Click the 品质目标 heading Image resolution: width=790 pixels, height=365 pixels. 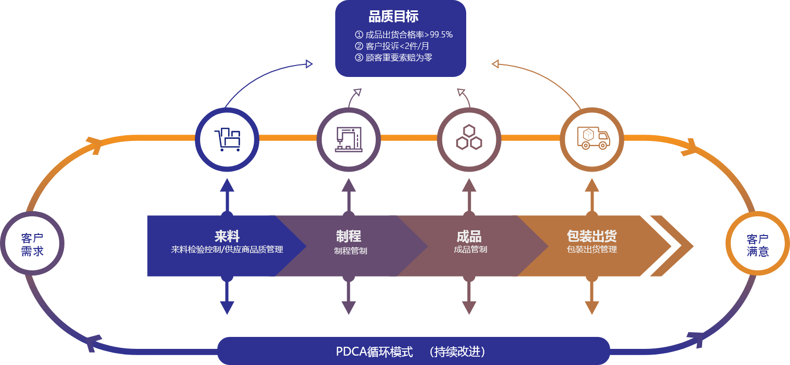[393, 17]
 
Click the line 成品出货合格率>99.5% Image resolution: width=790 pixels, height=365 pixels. [403, 35]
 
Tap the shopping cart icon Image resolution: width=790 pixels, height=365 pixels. [227, 139]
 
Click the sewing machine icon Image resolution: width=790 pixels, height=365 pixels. [348, 139]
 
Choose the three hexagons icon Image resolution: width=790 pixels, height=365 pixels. [469, 138]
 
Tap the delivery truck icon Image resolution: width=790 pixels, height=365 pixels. [592, 138]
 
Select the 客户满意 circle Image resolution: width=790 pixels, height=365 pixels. [757, 245]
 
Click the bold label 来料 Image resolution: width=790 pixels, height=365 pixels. [227, 236]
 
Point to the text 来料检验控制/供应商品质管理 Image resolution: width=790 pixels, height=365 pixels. [227, 250]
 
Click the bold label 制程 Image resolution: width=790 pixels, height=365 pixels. [348, 236]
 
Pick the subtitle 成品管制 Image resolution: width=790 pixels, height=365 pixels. [470, 250]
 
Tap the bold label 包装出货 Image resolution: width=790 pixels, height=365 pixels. [591, 236]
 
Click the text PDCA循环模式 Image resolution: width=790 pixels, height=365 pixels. [374, 351]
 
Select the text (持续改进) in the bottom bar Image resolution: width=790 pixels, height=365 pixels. [458, 351]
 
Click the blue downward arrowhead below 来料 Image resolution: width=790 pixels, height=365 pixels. [227, 307]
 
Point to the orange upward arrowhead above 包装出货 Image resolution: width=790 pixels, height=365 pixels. [592, 185]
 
